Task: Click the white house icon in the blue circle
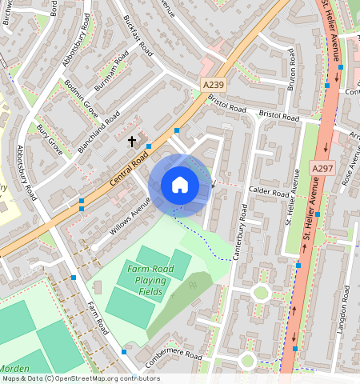180,185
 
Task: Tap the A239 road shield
211,84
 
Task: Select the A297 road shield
322,168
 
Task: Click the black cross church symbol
132,142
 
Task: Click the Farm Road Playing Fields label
146,280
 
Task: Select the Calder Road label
268,193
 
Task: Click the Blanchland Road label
100,131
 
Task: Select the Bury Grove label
50,138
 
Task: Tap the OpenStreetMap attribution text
80,378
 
